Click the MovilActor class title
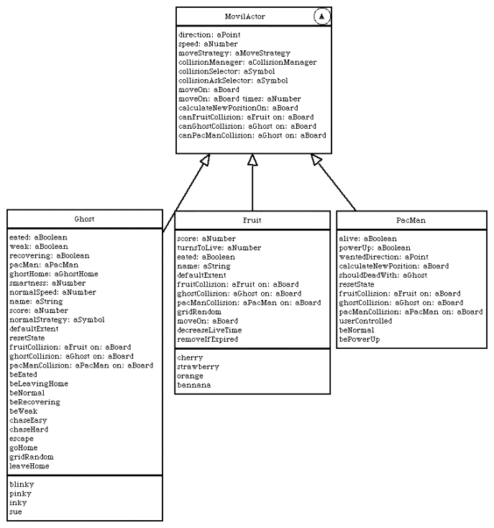(x=244, y=16)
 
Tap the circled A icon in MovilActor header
(x=321, y=16)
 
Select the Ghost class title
(x=84, y=219)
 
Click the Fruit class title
(x=252, y=220)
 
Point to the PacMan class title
(x=411, y=220)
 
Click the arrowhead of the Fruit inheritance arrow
(x=252, y=160)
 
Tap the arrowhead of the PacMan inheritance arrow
(x=316, y=159)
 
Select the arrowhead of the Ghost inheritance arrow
(x=205, y=160)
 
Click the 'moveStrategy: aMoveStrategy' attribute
(x=234, y=53)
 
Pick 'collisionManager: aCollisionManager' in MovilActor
(x=247, y=62)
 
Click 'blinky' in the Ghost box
(x=22, y=484)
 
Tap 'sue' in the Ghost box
(x=16, y=512)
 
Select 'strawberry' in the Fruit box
(x=198, y=367)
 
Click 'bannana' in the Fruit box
(x=194, y=385)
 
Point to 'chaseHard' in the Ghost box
(x=29, y=429)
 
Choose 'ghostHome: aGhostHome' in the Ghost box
(x=54, y=274)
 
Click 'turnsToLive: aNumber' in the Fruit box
(x=219, y=247)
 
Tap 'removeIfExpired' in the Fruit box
(x=208, y=339)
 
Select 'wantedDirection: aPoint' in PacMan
(x=384, y=257)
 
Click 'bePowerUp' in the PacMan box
(x=360, y=339)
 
